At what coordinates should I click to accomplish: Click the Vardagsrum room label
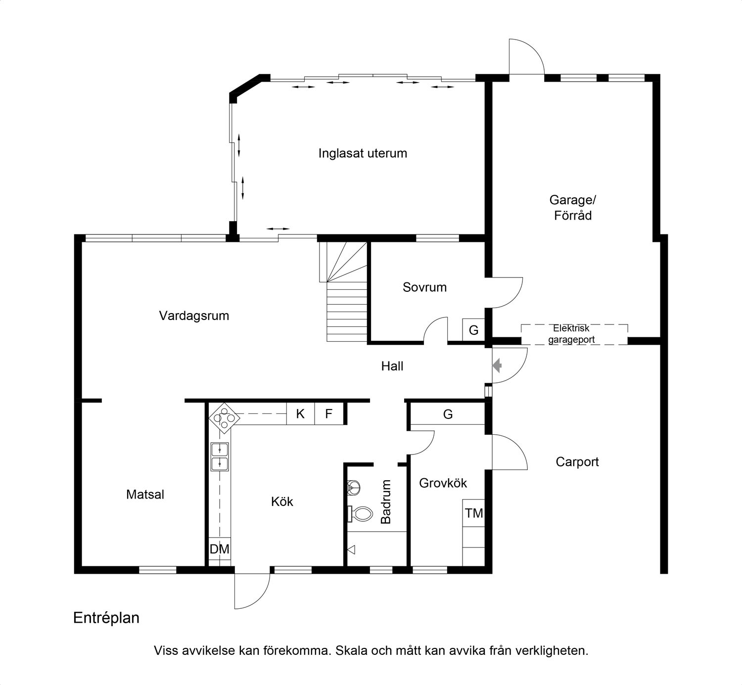pos(194,316)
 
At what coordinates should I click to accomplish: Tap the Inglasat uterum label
pos(363,154)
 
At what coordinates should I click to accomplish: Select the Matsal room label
pos(145,495)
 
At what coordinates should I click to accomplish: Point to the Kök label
pos(282,502)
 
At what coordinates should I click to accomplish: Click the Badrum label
pos(385,502)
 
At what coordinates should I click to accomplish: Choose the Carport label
pos(577,462)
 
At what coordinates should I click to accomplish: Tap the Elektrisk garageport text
pos(571,334)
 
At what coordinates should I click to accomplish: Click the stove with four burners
pos(224,418)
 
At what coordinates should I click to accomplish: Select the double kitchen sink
pos(220,457)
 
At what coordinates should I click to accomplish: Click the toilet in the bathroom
pos(361,514)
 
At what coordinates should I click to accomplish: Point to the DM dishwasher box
pos(220,549)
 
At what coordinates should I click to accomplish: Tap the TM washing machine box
pos(474,513)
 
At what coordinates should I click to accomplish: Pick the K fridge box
pos(300,413)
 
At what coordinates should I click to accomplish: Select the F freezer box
pos(329,413)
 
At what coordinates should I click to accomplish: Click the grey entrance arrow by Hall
pos(497,365)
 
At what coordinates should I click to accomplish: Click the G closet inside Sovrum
pos(473,329)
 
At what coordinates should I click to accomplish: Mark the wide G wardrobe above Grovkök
pos(448,413)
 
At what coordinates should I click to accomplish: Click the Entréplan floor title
pos(106,618)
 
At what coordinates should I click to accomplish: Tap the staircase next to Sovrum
pos(343,291)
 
